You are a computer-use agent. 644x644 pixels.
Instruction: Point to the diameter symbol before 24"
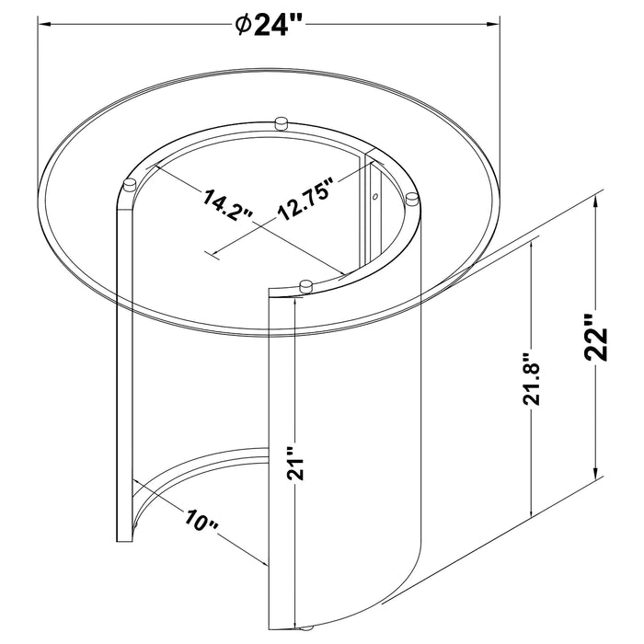pyautogui.click(x=242, y=26)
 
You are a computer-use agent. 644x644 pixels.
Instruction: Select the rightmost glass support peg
pyautogui.click(x=411, y=198)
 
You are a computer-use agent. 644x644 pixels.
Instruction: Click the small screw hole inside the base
pyautogui.click(x=374, y=195)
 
